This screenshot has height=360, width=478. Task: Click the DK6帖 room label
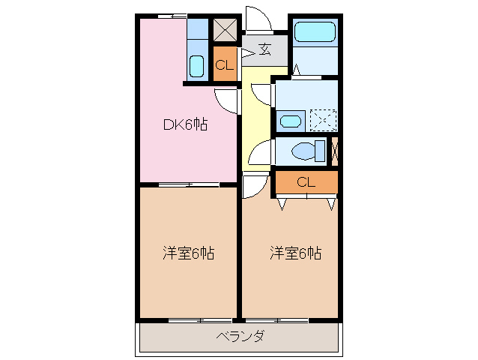point(186,125)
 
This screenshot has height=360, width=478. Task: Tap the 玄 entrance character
point(265,50)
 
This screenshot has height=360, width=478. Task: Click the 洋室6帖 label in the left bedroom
point(189,253)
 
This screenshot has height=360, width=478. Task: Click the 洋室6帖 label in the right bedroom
point(296,253)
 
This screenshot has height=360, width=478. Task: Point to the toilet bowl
point(303,151)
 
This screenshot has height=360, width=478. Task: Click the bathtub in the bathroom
point(314,31)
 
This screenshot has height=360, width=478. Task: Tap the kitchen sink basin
point(196,67)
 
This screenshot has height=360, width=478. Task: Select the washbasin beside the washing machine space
point(291,120)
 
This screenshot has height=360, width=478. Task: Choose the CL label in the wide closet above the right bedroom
point(306,181)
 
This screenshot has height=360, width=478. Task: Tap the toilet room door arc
point(258,154)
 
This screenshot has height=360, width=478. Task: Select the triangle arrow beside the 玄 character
point(246,52)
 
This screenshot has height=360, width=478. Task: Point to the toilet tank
point(321,151)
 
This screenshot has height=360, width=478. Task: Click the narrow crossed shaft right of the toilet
point(334,151)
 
